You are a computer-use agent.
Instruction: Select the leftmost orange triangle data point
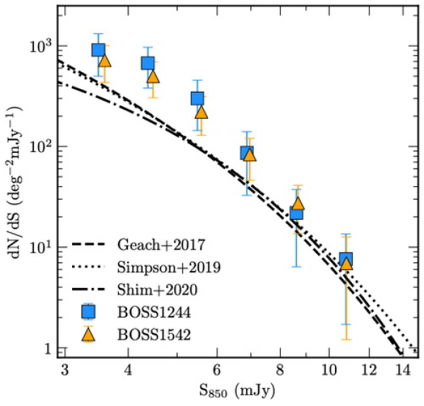[x=105, y=60]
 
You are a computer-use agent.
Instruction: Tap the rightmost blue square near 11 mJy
[x=346, y=259]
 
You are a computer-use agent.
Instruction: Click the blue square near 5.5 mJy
[x=197, y=98]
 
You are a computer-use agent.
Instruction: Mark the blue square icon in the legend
[x=88, y=312]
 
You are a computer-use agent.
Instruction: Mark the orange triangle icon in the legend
[x=88, y=334]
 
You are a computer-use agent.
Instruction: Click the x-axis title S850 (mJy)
[x=237, y=390]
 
